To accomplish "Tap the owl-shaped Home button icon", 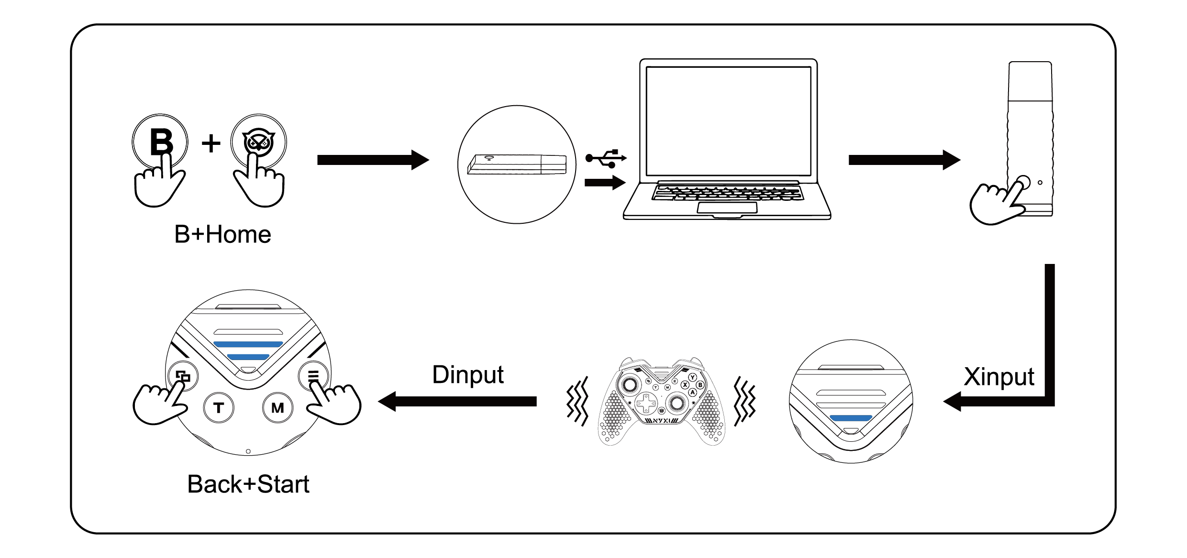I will [x=258, y=142].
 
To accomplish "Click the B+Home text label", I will [x=222, y=234].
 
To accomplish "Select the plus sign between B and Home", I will [x=211, y=143].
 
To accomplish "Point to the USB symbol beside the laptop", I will [x=606, y=158].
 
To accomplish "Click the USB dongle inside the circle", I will [x=517, y=164].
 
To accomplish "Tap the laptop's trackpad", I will [x=727, y=208].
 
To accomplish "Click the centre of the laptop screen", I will [x=728, y=120].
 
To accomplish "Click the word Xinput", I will [x=999, y=377].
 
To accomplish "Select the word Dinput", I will [x=467, y=374].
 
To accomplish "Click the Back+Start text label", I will [x=248, y=484].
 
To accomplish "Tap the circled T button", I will [x=219, y=407].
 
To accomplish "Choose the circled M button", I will [x=277, y=407].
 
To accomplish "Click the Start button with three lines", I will [x=313, y=376].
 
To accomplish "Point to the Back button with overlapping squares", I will [x=182, y=376].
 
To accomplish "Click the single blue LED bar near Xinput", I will [x=851, y=418].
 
